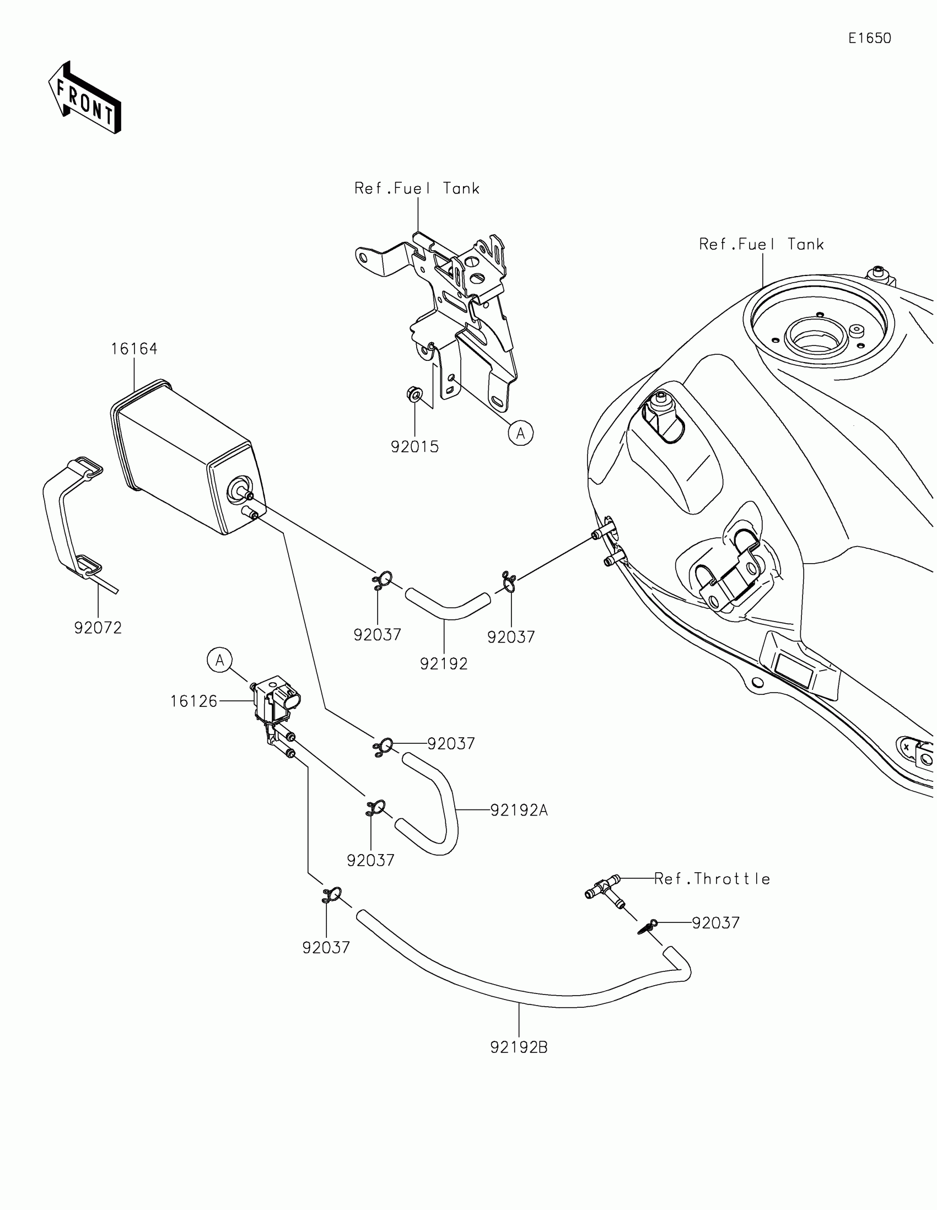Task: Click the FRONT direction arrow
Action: [x=84, y=98]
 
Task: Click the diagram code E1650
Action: [x=869, y=38]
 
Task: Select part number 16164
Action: [x=134, y=348]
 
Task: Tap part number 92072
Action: [x=98, y=628]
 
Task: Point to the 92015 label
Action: [x=414, y=446]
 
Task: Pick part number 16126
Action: [x=193, y=701]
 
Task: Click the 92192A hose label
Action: [x=519, y=811]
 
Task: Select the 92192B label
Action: [x=519, y=1047]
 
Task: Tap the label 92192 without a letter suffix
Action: [x=444, y=664]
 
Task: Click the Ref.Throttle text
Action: [x=712, y=879]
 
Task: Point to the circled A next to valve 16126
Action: [x=220, y=661]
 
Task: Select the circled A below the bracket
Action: [x=521, y=433]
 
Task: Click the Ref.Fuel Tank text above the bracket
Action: [x=417, y=189]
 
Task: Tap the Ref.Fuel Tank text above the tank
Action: [x=761, y=244]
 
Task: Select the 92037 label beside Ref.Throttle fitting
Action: [x=715, y=923]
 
